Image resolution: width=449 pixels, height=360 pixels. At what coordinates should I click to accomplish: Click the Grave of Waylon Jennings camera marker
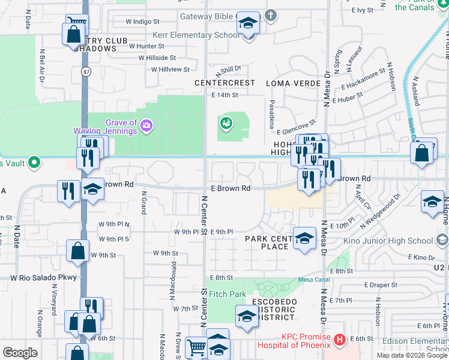pos(146,126)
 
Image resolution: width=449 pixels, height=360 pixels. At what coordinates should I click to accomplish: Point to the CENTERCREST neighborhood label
pos(224,82)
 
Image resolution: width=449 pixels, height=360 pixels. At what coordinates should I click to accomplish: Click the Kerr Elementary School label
pos(196,35)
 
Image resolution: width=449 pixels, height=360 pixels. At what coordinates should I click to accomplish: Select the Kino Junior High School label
pos(388,241)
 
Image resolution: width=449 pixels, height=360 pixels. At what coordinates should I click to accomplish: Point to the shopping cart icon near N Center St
pos(196,346)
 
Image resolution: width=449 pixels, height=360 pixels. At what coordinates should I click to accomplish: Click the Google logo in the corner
pos(20,353)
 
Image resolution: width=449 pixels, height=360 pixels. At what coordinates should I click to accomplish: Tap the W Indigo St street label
pos(142,22)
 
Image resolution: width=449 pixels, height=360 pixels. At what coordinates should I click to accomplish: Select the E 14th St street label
pos(225,95)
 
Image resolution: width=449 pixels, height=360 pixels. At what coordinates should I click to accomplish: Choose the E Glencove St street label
pos(300,124)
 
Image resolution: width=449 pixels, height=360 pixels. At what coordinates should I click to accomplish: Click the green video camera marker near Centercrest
pos(226,124)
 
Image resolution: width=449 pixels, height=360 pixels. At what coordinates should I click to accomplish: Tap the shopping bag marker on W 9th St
pos(78,251)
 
